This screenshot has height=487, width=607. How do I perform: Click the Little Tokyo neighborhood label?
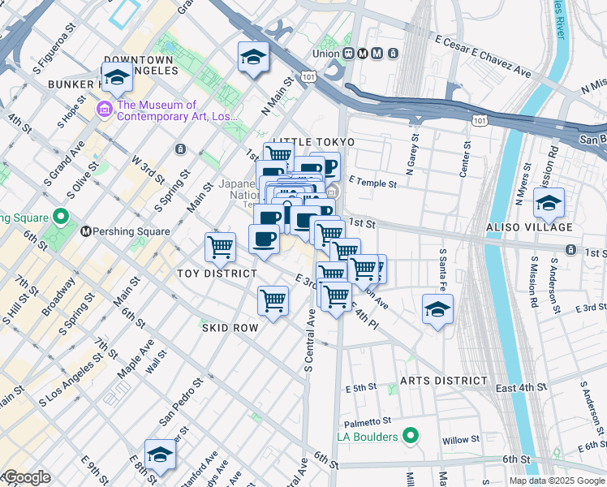coord(304,142)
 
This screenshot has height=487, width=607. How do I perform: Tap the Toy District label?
coord(217,274)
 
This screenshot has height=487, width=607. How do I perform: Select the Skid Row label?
coord(230,328)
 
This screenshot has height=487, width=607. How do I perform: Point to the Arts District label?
coord(444,381)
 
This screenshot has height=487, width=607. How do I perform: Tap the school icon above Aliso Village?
coord(549,203)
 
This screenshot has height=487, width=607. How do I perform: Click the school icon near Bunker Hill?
coord(117,78)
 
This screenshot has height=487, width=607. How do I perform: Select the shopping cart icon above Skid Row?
coord(273,300)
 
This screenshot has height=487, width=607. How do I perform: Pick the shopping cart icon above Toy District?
coord(220,247)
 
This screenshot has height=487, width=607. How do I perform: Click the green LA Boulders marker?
coord(411,437)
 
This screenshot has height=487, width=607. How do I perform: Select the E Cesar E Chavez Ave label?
coord(482,56)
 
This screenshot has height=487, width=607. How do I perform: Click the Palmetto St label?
coord(373,421)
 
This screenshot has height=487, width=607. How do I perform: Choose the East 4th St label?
coord(519,388)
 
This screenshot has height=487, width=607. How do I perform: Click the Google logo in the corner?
coord(26,477)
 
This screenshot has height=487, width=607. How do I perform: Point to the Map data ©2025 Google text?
coord(557,481)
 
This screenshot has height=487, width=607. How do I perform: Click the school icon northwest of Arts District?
coord(437,309)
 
